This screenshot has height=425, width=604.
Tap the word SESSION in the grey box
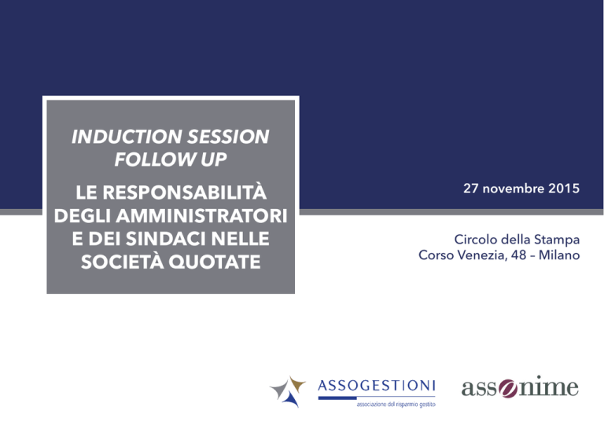coord(228,137)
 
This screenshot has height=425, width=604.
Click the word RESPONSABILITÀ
coord(185,192)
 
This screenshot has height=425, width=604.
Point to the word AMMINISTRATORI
coord(202,216)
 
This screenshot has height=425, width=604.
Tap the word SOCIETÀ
coord(123,262)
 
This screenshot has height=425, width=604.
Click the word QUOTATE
coord(215,262)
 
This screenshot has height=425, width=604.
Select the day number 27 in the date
coord(471,189)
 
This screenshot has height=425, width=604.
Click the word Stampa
coord(560,240)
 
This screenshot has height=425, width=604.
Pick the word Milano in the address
coord(559,255)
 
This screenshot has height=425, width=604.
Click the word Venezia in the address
coord(483,255)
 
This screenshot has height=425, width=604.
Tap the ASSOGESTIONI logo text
coord(377,386)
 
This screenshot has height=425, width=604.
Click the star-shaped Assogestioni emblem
coord(288,391)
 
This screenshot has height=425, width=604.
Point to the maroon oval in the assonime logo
coord(509,388)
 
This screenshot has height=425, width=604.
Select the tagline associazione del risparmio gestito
coord(396,405)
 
